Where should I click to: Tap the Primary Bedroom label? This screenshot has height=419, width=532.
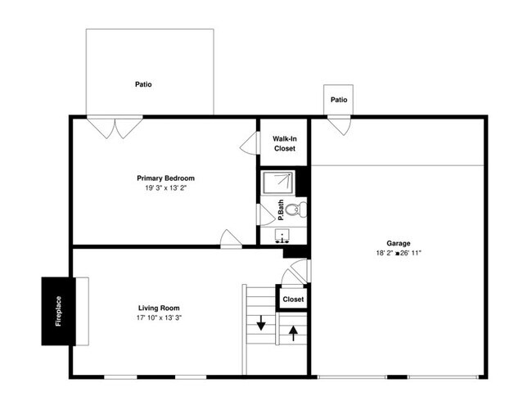[x=165, y=178]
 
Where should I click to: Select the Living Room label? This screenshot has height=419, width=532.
[x=159, y=308]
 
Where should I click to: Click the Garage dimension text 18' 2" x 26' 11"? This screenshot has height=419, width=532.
[x=399, y=254]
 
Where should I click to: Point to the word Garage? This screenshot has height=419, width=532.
[x=399, y=243]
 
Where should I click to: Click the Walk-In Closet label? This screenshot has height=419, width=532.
[x=284, y=144]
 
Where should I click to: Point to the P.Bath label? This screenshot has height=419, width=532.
[x=281, y=209]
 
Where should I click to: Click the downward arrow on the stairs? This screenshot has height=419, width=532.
[x=261, y=322]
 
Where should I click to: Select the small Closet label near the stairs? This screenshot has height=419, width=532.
[x=293, y=300]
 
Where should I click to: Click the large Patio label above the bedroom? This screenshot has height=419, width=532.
[x=143, y=84]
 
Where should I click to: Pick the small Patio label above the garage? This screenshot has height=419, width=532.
[x=339, y=100]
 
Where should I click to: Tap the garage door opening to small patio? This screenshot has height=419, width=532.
[x=339, y=126]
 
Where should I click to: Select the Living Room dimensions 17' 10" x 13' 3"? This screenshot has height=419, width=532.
[x=159, y=318]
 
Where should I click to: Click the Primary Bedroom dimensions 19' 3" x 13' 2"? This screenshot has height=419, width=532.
[x=165, y=188]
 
